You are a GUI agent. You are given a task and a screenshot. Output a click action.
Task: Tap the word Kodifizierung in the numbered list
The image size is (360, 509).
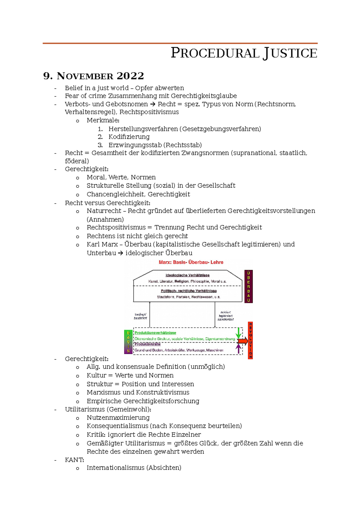[129, 137]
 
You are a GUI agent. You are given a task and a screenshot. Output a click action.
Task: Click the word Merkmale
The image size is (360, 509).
[103, 121]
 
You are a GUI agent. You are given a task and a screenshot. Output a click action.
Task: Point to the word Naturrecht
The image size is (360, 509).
[104, 211]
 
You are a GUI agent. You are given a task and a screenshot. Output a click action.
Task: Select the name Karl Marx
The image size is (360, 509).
[102, 244]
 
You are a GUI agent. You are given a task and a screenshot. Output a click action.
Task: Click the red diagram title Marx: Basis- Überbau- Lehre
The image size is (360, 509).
[191, 262]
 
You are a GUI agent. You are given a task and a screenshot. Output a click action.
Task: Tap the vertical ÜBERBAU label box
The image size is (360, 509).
[248, 287]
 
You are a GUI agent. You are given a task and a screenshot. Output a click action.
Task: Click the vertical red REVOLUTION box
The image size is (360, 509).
[250, 340]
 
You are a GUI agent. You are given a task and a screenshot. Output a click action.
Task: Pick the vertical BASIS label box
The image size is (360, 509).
[128, 342]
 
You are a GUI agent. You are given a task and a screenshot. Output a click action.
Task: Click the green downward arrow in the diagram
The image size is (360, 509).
[238, 333]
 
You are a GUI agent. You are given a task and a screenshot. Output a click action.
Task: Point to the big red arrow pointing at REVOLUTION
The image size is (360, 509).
[242, 341]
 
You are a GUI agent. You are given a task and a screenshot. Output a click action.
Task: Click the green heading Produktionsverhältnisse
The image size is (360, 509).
[155, 333]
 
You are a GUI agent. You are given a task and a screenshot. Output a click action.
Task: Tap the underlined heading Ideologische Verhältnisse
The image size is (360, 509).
[187, 275]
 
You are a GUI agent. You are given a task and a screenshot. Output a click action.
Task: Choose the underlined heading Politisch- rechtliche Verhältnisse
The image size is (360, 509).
[189, 291]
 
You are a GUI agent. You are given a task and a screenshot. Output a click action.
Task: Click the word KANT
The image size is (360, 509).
[74, 460]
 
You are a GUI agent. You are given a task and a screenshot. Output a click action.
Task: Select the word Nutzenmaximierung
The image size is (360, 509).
[118, 418]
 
